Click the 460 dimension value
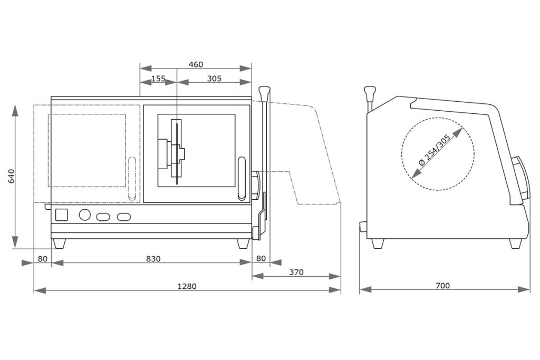[196, 64]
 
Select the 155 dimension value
[158, 79]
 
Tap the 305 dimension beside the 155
[214, 79]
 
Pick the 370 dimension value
[296, 272]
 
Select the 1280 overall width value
[187, 286]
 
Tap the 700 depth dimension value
[443, 286]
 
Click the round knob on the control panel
[84, 215]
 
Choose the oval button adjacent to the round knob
[102, 216]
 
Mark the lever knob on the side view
[370, 93]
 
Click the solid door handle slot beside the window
[242, 179]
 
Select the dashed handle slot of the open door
[131, 178]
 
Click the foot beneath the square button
[60, 244]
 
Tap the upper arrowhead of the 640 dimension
[15, 111]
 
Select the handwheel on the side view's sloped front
[519, 177]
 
